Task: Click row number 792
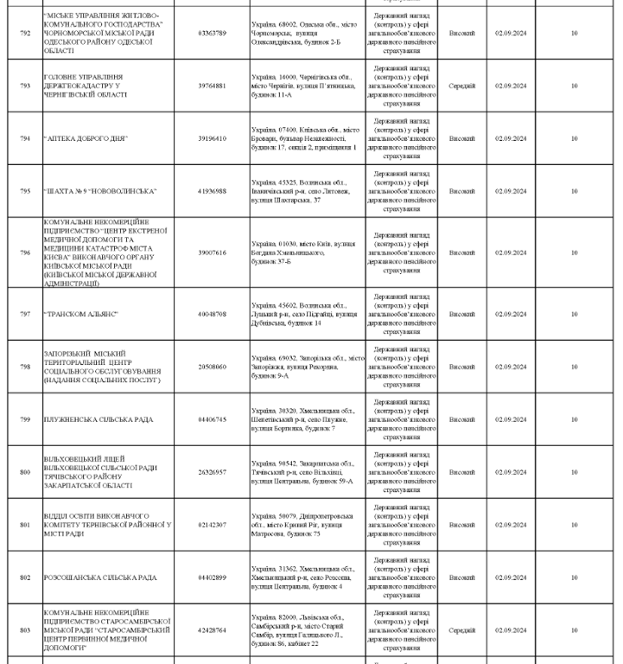(24, 33)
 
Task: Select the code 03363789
(212, 33)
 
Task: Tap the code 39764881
(212, 86)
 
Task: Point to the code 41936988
(212, 191)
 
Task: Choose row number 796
(24, 252)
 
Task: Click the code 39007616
(212, 252)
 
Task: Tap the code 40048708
(212, 314)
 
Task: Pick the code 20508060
(212, 367)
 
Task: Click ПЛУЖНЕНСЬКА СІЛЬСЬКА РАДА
(99, 419)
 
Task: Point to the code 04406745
(212, 419)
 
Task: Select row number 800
(24, 472)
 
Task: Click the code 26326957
(212, 472)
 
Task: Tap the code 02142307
(212, 525)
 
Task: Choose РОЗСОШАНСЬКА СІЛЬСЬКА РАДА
(98, 578)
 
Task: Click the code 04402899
(212, 578)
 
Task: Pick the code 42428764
(212, 630)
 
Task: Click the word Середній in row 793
(461, 86)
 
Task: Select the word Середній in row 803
(461, 630)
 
